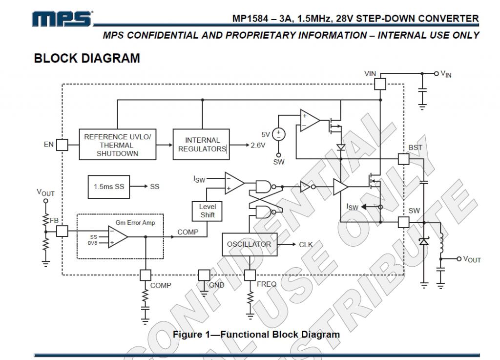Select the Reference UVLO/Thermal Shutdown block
pos(118,145)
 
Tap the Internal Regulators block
pos(202,145)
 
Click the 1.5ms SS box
pos(109,186)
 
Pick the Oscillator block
pos(249,244)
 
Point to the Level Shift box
pos(207,211)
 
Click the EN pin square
pos(62,145)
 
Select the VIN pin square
pos(380,84)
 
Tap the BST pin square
pos(403,159)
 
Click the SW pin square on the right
pos(403,222)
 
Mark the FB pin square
pos(62,231)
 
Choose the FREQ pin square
pos(250,275)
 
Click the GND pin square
pos(204,275)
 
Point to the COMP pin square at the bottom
pos(146,275)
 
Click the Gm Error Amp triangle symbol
pos(118,237)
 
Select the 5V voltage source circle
pos(279,134)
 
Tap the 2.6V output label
pos(258,145)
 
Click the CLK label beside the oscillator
pos(306,244)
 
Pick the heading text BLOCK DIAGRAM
pos(87,58)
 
